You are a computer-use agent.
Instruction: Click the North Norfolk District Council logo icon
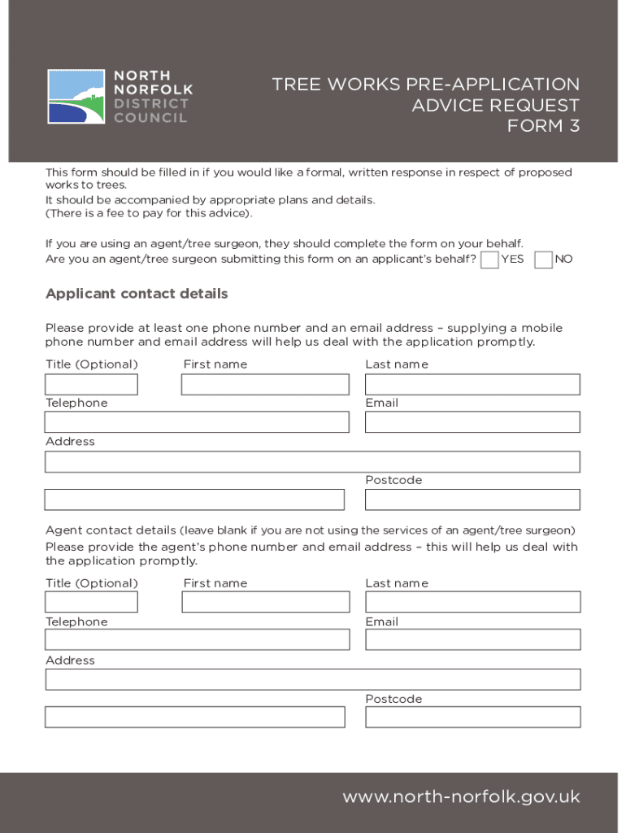click(x=76, y=97)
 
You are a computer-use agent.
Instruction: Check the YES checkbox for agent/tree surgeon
click(x=489, y=259)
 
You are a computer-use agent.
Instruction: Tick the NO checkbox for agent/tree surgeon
click(x=544, y=259)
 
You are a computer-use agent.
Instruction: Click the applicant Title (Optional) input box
click(x=91, y=385)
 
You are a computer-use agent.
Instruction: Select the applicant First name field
click(x=265, y=385)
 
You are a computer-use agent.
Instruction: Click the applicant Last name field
click(x=472, y=385)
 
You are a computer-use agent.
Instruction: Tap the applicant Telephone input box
click(x=197, y=422)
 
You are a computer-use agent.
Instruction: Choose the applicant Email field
click(x=472, y=422)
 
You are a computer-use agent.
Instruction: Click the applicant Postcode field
click(x=472, y=499)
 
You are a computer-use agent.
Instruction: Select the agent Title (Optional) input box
click(x=91, y=602)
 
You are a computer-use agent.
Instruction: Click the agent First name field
click(x=265, y=602)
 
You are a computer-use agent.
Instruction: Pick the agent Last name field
click(x=472, y=602)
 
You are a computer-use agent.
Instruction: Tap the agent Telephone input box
click(x=197, y=639)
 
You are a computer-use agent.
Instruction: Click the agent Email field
click(x=472, y=639)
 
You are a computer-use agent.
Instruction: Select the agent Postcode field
click(x=472, y=717)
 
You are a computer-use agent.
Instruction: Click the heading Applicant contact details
click(x=137, y=294)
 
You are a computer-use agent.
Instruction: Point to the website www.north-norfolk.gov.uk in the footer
click(x=461, y=797)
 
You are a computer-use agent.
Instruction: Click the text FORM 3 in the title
click(x=543, y=126)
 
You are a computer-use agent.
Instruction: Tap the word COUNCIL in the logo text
click(x=150, y=117)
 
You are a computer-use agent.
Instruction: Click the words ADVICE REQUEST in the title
click(x=495, y=106)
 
